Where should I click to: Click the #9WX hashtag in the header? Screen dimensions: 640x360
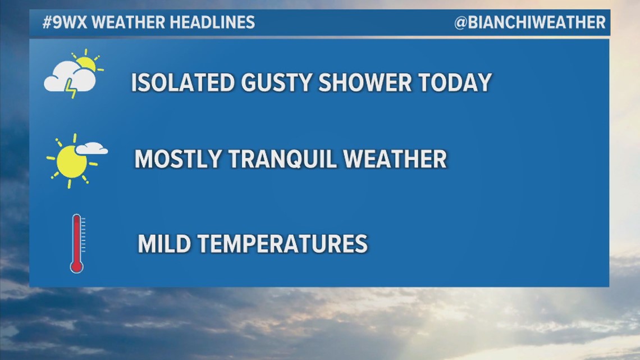click(x=65, y=22)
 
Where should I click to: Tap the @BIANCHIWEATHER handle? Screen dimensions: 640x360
click(x=530, y=22)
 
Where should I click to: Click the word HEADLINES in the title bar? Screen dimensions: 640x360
click(x=212, y=22)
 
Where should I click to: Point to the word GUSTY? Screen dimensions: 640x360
click(x=277, y=83)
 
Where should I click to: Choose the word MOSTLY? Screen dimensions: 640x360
click(x=178, y=159)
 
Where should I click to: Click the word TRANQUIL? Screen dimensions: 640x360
click(x=282, y=159)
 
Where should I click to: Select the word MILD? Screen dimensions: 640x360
click(x=164, y=244)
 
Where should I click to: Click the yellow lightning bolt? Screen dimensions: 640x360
click(x=71, y=88)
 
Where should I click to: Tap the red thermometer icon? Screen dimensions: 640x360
click(x=77, y=243)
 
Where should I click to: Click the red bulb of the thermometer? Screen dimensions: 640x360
click(x=77, y=266)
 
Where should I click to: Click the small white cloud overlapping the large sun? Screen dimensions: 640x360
click(x=92, y=148)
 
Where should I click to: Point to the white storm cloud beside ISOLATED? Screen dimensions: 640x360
click(x=70, y=77)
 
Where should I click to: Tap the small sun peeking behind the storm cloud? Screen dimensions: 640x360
click(x=86, y=63)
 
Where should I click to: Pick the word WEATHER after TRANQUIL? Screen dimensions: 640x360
click(x=395, y=159)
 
